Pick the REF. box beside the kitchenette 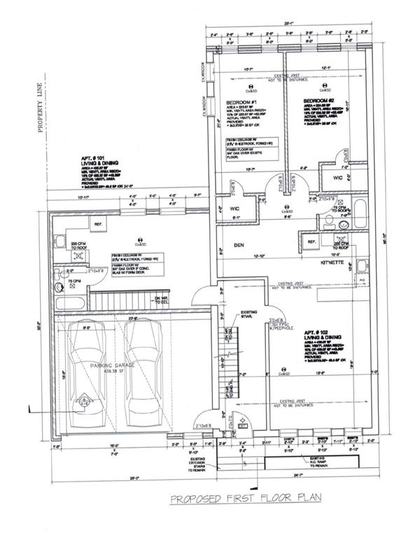click(310, 242)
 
